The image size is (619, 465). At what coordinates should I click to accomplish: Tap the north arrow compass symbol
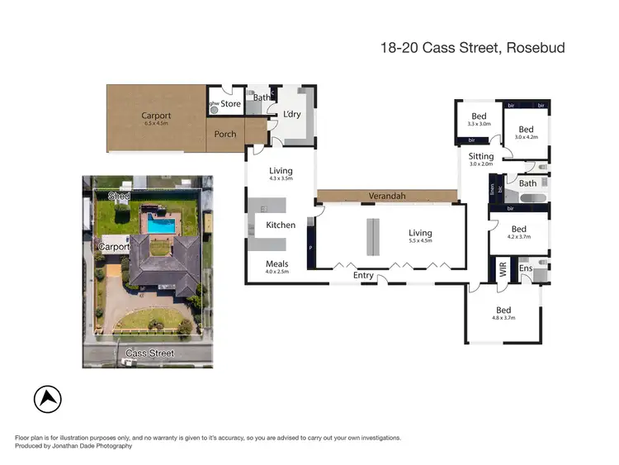pyautogui.click(x=48, y=400)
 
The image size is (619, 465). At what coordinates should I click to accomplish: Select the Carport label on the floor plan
pyautogui.click(x=156, y=116)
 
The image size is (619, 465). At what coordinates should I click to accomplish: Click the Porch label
pyautogui.click(x=225, y=134)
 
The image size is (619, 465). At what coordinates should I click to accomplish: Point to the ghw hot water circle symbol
pyautogui.click(x=213, y=108)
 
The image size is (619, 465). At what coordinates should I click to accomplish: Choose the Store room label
pyautogui.click(x=230, y=104)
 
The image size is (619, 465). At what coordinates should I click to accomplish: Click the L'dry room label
pyautogui.click(x=291, y=114)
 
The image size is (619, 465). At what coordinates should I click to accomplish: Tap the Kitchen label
pyautogui.click(x=280, y=225)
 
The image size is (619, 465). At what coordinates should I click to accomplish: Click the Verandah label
pyautogui.click(x=385, y=196)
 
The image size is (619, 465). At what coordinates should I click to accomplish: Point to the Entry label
pyautogui.click(x=363, y=275)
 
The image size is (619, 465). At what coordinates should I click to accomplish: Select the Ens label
pyautogui.click(x=526, y=268)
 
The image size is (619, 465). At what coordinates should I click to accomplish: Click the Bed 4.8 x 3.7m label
pyautogui.click(x=503, y=313)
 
